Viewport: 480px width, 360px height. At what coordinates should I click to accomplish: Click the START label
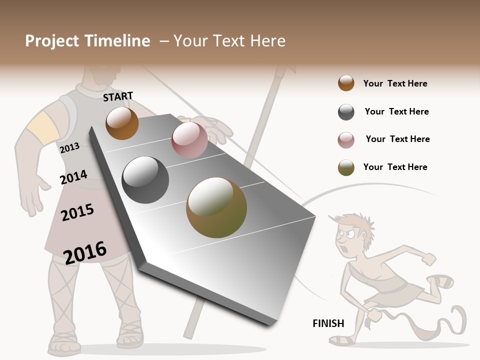point(118,96)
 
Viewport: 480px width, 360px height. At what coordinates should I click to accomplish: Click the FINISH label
point(328,323)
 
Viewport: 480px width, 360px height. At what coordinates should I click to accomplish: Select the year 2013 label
point(69,148)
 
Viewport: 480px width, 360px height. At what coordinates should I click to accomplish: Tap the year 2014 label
point(73,177)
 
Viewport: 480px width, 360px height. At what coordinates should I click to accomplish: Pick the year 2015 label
point(77,212)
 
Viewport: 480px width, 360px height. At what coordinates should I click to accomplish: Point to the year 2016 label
point(85,252)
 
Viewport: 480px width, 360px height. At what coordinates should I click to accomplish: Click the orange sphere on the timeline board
point(122,123)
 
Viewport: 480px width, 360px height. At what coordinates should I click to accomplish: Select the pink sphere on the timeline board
point(189,140)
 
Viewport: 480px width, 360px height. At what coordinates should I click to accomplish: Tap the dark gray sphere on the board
point(145,180)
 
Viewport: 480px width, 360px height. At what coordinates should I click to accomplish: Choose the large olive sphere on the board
point(216,207)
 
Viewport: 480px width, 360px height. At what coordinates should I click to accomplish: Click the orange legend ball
point(346,83)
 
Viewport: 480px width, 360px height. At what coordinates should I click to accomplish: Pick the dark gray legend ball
point(346,112)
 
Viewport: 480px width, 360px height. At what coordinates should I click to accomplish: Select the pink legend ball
point(346,140)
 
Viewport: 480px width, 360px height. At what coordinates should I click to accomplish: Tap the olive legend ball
point(346,167)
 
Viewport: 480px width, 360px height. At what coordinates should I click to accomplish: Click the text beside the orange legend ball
point(395,83)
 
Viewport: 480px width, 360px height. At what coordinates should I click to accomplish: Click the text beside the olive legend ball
point(395,167)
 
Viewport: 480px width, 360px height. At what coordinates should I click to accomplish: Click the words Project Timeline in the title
point(87,41)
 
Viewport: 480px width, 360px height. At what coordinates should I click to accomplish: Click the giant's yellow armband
point(42,128)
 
